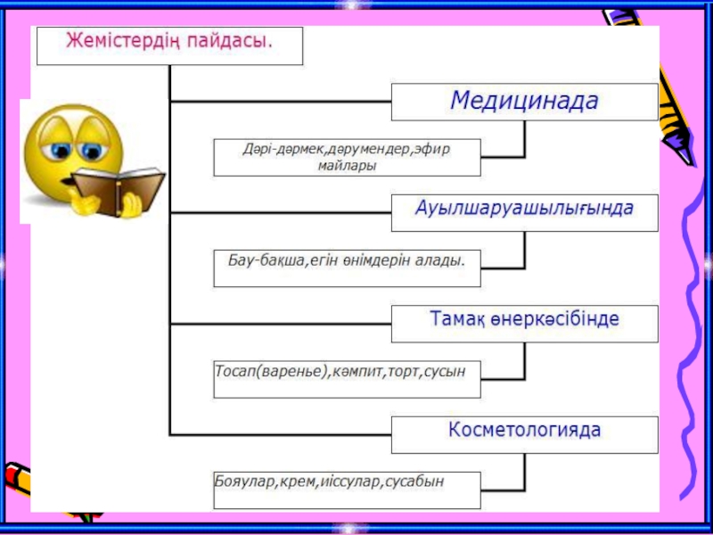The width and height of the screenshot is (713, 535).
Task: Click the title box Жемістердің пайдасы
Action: [169, 45]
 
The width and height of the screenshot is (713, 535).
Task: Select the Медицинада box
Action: [524, 102]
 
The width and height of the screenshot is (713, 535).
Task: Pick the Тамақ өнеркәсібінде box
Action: [524, 323]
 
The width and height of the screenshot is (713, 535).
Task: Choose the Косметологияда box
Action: [524, 434]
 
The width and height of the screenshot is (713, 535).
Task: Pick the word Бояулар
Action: [243, 481]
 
